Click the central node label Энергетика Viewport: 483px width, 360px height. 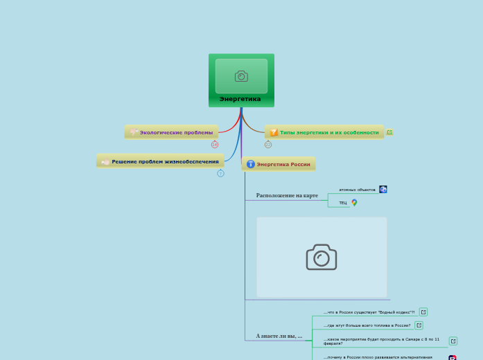240,99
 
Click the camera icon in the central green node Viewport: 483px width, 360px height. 241,76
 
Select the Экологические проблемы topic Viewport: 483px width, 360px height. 176,132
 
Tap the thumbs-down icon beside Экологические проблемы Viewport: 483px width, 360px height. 134,132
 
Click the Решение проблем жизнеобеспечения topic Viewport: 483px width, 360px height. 165,161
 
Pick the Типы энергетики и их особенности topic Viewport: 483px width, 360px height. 329,132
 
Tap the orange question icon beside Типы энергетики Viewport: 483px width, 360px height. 274,132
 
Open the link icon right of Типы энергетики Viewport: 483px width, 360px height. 389,132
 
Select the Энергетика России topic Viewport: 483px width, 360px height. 283,164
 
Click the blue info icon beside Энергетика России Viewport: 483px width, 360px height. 251,164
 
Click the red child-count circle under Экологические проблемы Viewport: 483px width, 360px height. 215,144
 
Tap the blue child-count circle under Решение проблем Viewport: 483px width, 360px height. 220,173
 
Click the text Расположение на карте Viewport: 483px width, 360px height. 287,195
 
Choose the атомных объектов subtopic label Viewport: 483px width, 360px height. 357,189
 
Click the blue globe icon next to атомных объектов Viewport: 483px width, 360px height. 383,189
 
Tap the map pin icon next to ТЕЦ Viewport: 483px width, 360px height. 354,203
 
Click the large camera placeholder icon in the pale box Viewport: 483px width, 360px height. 322,257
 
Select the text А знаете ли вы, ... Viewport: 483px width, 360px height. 279,336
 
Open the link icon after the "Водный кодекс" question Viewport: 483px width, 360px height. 423,312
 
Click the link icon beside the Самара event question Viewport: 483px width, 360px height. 453,341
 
